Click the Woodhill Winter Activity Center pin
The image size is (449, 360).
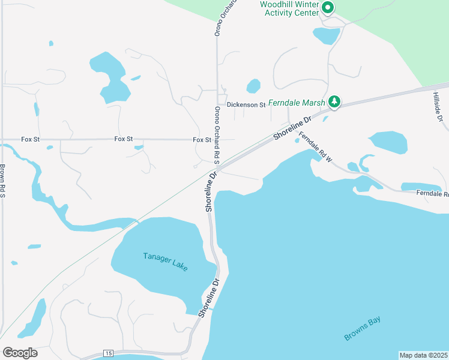click(x=328, y=8)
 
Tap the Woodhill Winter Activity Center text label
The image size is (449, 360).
click(x=289, y=8)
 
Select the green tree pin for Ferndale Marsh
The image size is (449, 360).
click(x=335, y=103)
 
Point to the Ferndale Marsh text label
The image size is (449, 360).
click(x=297, y=103)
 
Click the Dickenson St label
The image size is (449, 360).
click(x=246, y=105)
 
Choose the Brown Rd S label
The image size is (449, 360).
click(x=3, y=181)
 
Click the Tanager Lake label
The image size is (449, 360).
click(x=166, y=262)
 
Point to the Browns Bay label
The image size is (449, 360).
click(x=363, y=329)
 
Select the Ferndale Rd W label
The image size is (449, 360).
click(x=316, y=147)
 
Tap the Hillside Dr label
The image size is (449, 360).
click(x=438, y=107)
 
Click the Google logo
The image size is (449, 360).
click(x=20, y=353)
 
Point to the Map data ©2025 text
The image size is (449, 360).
click(x=423, y=355)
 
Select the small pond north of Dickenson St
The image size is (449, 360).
click(x=253, y=86)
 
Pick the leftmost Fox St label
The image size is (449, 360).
click(x=30, y=139)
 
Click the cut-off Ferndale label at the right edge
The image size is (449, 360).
click(x=433, y=194)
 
